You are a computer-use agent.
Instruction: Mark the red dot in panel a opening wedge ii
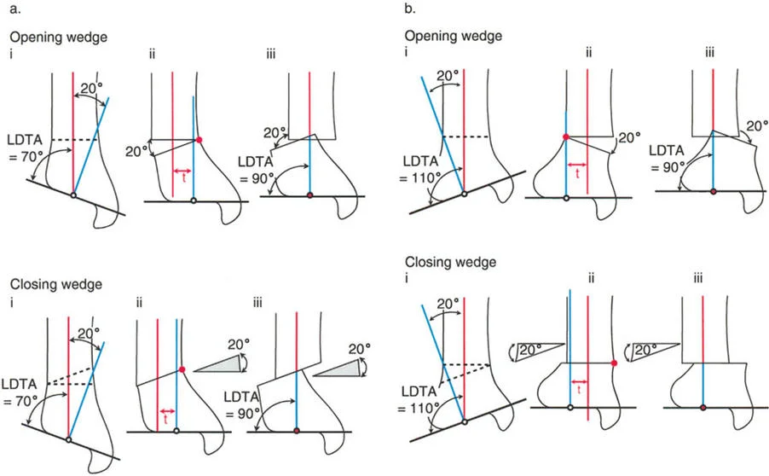click(x=199, y=139)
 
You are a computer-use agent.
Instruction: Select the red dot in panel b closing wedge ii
click(x=614, y=363)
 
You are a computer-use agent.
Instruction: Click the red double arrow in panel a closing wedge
click(x=167, y=411)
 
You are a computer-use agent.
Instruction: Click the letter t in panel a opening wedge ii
click(x=182, y=181)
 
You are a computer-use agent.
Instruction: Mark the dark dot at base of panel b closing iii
click(x=703, y=409)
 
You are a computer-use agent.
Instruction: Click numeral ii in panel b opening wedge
click(x=588, y=56)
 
